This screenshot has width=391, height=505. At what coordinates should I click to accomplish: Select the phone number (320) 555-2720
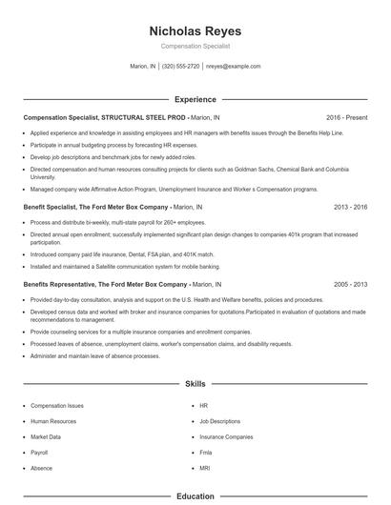click(180, 67)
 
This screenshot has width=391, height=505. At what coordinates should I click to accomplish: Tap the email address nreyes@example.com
click(234, 67)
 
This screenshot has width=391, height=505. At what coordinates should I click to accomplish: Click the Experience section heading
click(195, 99)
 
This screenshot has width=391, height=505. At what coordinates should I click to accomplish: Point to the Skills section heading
click(195, 383)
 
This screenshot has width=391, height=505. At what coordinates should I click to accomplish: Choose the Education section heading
click(195, 496)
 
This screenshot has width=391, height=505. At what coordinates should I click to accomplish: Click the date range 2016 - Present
click(346, 118)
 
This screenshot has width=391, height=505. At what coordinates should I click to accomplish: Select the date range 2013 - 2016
click(351, 232)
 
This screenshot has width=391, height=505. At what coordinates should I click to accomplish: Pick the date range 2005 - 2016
click(351, 284)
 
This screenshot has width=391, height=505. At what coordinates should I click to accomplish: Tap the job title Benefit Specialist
click(49, 232)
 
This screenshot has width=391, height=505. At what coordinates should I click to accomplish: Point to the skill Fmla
click(205, 453)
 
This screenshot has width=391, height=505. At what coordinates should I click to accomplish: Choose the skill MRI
click(204, 469)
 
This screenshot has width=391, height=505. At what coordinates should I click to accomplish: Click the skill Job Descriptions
click(219, 420)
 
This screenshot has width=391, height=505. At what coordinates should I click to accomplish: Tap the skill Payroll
click(39, 453)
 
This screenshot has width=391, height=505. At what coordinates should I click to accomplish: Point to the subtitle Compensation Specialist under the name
click(195, 46)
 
